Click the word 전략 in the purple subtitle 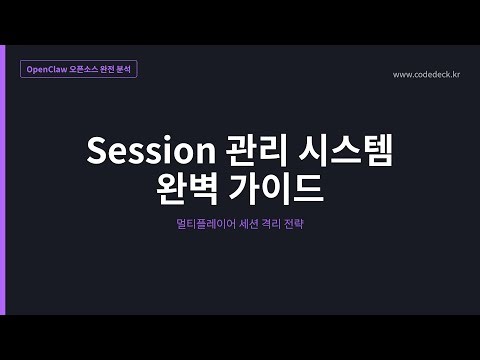(295, 225)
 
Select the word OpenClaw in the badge (47, 71)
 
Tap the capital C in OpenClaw (51, 71)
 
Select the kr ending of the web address (455, 74)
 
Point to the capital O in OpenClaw (30, 71)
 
